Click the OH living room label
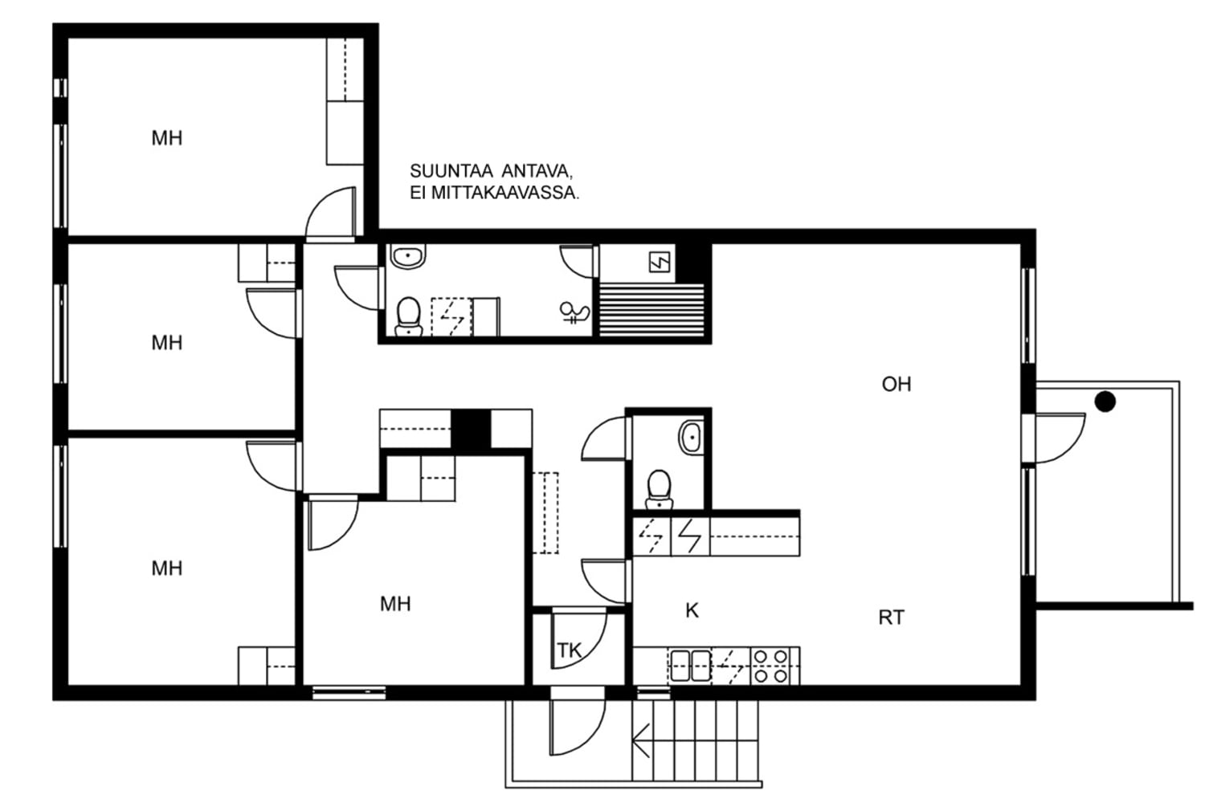tap(897, 384)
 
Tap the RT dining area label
tap(892, 618)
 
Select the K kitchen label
tap(692, 610)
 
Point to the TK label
tap(569, 650)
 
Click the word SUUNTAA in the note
tap(451, 171)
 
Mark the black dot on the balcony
tap(1105, 401)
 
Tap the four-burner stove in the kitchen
tap(770, 666)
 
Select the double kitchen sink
tap(691, 666)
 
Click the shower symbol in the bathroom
tap(574, 312)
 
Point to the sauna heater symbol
tap(660, 263)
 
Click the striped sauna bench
tap(652, 310)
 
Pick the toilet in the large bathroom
tap(408, 317)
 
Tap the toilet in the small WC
tap(659, 490)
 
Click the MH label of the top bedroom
tap(167, 138)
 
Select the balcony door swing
tap(1060, 438)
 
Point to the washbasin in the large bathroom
tap(408, 256)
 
